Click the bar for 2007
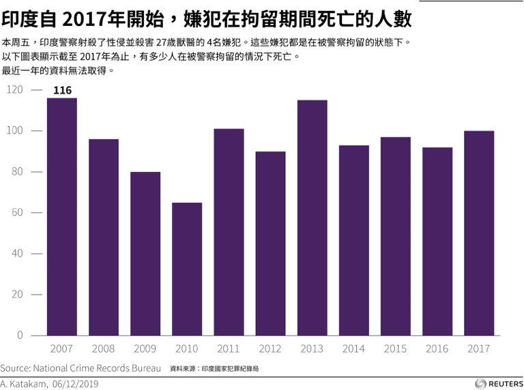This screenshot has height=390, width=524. tap(61, 217)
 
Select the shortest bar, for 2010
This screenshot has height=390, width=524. tap(187, 269)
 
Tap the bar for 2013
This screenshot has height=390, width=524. tap(312, 218)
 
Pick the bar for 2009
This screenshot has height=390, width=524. tap(145, 253)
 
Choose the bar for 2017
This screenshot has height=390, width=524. tap(479, 233)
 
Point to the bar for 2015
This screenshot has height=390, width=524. tap(396, 236)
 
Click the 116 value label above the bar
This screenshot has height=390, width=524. tap(62, 90)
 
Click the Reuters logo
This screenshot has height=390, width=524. tap(497, 383)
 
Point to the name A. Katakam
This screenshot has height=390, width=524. tap(23, 384)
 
